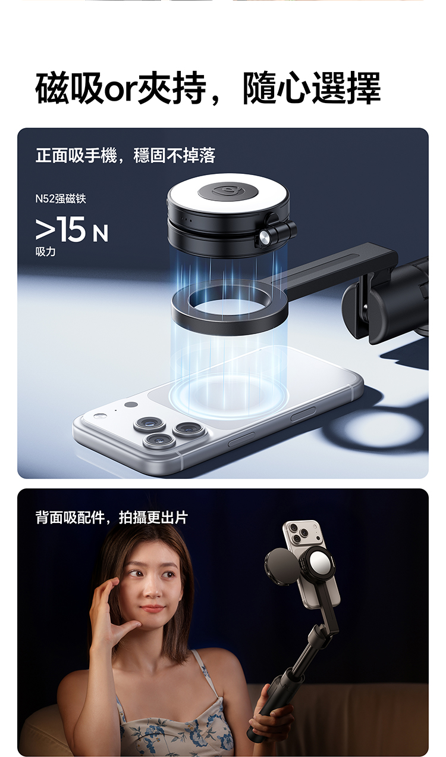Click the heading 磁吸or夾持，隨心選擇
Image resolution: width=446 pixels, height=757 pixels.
tap(208, 88)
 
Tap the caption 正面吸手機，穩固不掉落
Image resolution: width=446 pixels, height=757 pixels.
tap(125, 155)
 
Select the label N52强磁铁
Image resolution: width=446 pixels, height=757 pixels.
tap(61, 198)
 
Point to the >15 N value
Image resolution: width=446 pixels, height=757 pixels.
tap(72, 230)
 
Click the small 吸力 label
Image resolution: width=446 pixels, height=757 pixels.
tap(46, 252)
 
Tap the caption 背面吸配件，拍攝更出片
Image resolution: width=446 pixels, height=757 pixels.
tap(112, 518)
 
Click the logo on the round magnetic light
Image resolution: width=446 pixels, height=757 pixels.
tap(228, 191)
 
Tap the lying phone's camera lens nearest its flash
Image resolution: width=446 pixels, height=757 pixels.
tap(150, 424)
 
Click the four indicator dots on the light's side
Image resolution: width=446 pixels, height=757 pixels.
tap(187, 219)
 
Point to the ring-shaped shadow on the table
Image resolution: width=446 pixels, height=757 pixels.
tap(378, 432)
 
